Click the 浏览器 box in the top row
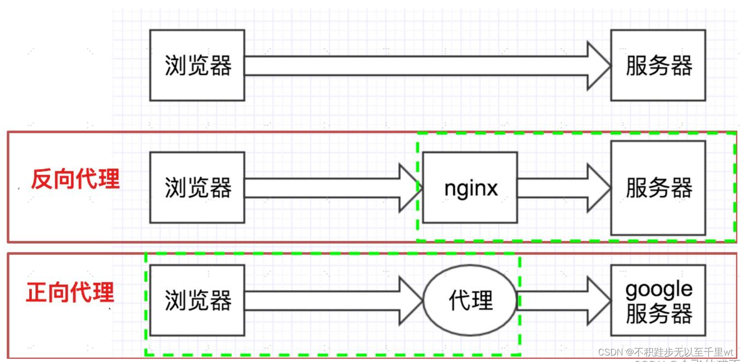tap(197, 65)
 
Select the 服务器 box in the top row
tap(658, 65)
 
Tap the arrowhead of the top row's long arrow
tap(599, 66)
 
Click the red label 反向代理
tap(75, 179)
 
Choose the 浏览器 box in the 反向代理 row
tap(197, 188)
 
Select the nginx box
tap(470, 188)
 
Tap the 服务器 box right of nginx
tap(658, 188)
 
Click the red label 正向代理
tap(70, 292)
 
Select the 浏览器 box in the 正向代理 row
tap(197, 300)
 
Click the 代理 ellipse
tap(470, 300)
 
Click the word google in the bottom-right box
tap(658, 289)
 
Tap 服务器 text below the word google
tap(658, 314)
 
